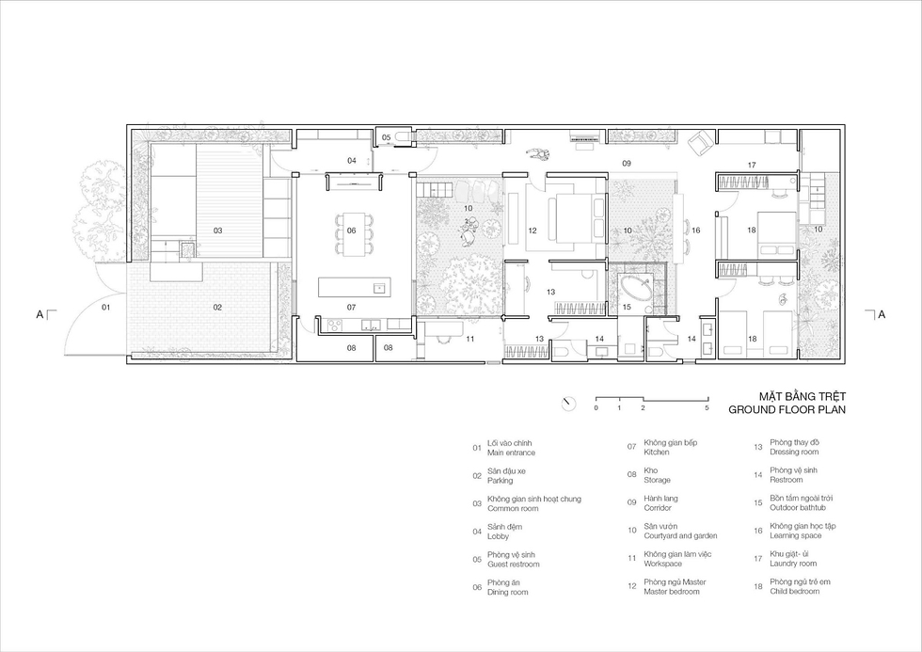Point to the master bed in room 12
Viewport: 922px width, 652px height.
point(572,218)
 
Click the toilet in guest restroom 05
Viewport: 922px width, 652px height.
point(402,137)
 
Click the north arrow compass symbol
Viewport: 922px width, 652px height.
point(568,404)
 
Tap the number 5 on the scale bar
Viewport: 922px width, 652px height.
point(707,408)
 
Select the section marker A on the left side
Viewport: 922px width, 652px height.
point(40,314)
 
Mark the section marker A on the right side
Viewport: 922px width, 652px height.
point(882,314)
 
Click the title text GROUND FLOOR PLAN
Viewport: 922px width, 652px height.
point(787,410)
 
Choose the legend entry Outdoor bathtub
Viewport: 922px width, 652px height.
point(798,507)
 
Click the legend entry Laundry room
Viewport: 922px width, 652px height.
point(793,564)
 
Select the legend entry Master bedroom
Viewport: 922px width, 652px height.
point(672,592)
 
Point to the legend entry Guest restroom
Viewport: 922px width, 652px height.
point(514,565)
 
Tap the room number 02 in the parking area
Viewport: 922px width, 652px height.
point(217,307)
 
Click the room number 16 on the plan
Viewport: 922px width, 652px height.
point(695,231)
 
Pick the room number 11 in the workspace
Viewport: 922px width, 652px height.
point(469,339)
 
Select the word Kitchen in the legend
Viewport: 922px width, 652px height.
point(657,453)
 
